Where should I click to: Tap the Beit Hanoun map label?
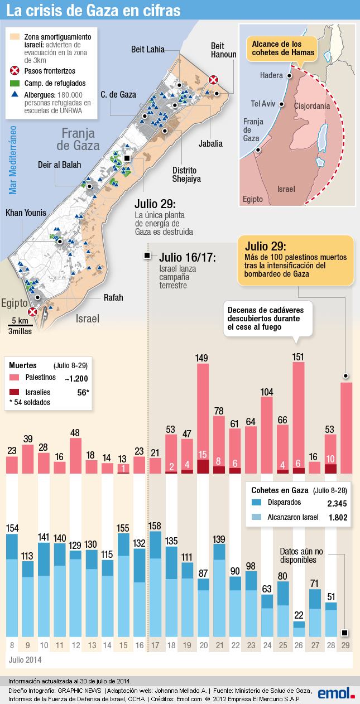pos(223,50)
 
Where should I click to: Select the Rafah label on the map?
pos(113,297)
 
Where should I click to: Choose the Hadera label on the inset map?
pos(271,75)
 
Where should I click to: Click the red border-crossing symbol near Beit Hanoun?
pos(213,80)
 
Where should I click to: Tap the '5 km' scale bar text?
pos(20,321)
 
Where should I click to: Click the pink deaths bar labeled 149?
pos(203,413)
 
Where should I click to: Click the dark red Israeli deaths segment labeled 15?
pos(203,466)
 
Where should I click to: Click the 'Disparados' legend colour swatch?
pos(257,502)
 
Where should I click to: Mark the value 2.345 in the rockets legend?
pos(336,503)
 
